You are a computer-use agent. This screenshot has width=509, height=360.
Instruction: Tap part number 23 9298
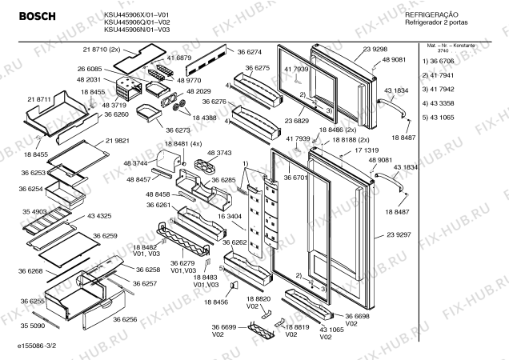pyautogui.click(x=376, y=50)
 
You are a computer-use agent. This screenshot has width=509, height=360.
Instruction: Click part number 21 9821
pyautogui.click(x=116, y=140)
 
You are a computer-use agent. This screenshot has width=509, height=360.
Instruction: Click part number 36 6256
pyautogui.click(x=126, y=319)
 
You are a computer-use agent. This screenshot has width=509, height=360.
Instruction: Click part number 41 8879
pyautogui.click(x=178, y=58)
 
